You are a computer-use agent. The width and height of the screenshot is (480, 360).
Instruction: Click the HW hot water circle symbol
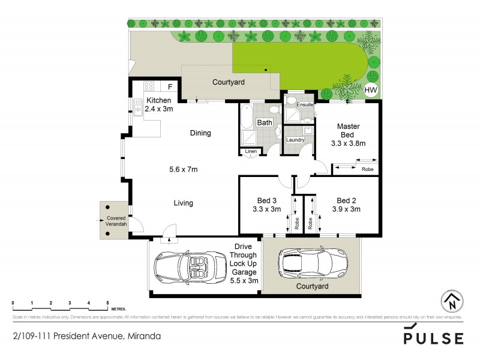click(x=371, y=91)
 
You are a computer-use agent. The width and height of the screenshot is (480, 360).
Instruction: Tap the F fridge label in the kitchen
click(x=170, y=86)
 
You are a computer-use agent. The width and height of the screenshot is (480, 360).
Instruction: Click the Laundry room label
click(x=295, y=140)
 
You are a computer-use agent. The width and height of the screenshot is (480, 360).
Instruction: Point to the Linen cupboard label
click(x=251, y=151)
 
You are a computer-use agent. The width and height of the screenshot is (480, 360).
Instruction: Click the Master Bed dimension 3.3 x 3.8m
click(x=348, y=143)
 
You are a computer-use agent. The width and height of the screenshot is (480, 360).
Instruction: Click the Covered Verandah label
click(x=115, y=220)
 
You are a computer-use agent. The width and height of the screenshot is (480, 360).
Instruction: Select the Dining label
click(x=200, y=133)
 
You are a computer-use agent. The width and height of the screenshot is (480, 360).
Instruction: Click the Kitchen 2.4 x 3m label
click(x=159, y=104)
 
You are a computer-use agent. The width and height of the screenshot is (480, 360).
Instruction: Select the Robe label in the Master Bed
click(x=367, y=169)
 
